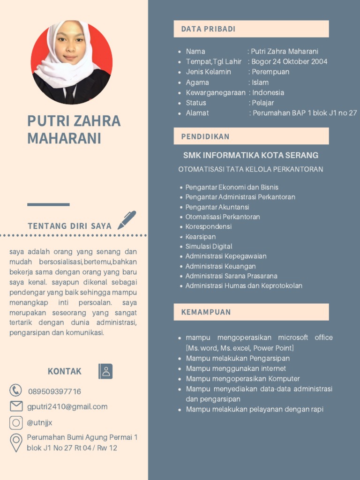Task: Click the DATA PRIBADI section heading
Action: (208, 29)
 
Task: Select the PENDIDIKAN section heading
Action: (205, 136)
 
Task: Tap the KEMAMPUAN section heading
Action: (206, 312)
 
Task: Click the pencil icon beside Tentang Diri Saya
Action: (127, 220)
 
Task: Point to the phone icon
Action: (16, 390)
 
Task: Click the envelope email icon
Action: (16, 406)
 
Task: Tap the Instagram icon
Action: (16, 423)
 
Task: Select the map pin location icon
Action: (16, 442)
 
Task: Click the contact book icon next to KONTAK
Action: (105, 371)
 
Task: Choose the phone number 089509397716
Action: (54, 391)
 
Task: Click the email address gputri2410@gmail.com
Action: (67, 407)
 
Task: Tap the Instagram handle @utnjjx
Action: (39, 423)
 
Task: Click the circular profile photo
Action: (71, 62)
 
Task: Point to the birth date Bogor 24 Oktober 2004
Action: (289, 61)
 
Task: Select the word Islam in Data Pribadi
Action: (260, 82)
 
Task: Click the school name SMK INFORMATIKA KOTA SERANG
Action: (251, 155)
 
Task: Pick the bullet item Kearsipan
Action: (200, 237)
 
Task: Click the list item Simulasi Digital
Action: (209, 247)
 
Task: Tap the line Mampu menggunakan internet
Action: (236, 369)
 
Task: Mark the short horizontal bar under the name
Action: (48, 204)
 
